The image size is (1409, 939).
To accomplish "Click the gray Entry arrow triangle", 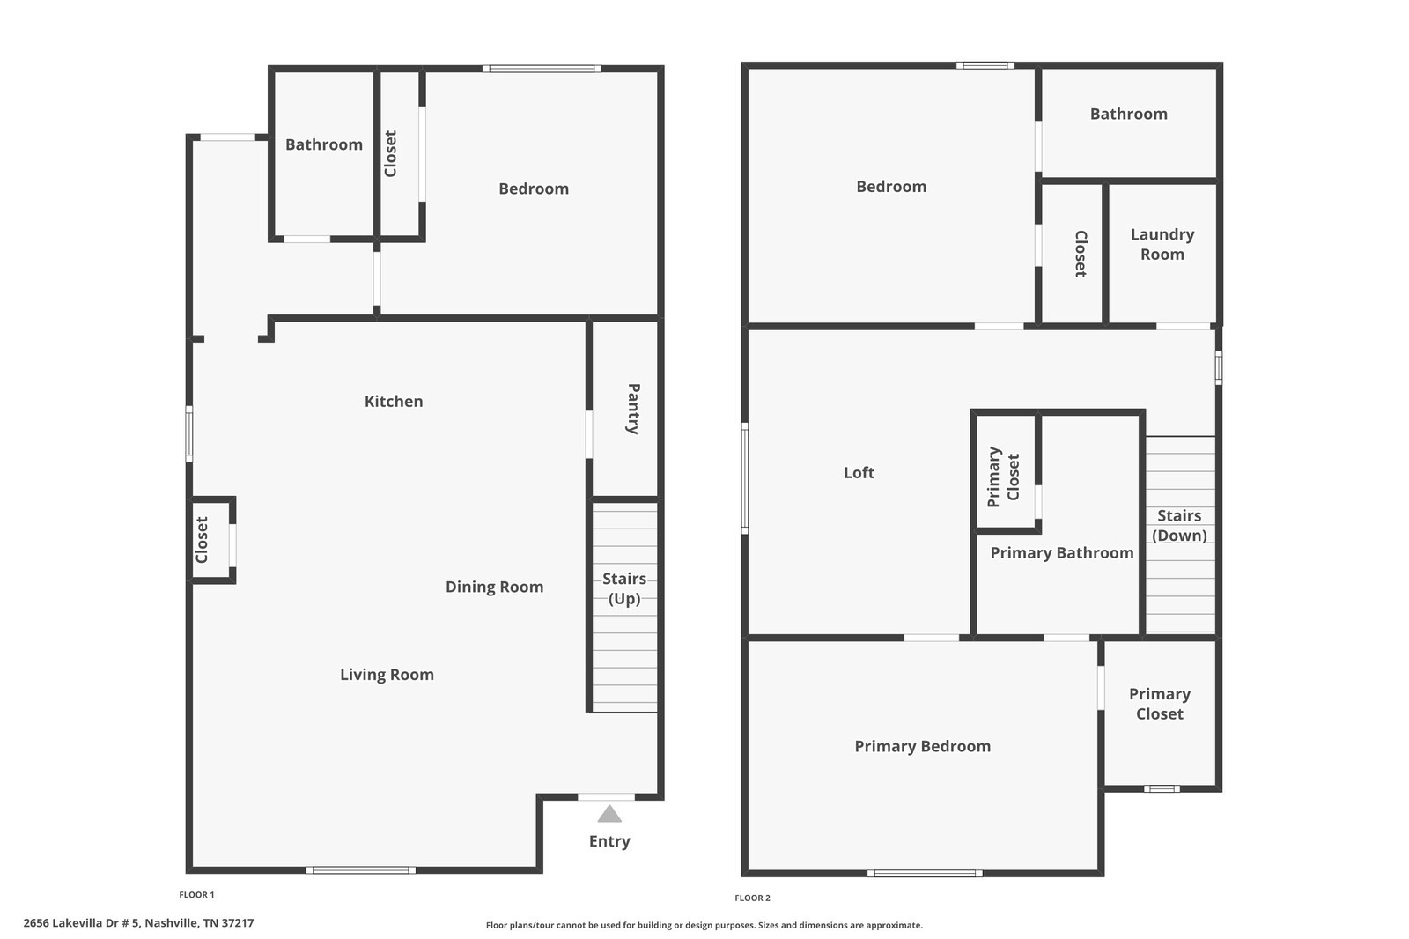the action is pyautogui.click(x=609, y=814).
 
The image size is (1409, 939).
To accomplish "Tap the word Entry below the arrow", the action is pyautogui.click(x=609, y=841).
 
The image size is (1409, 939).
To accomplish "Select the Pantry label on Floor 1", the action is pyautogui.click(x=633, y=409).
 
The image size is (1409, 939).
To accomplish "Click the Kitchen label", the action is pyautogui.click(x=394, y=401).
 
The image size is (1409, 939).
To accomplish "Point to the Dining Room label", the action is pyautogui.click(x=494, y=587).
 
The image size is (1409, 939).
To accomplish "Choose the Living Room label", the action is pyautogui.click(x=387, y=675).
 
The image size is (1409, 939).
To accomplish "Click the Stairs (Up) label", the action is pyautogui.click(x=624, y=588).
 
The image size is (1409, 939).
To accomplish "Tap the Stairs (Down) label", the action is pyautogui.click(x=1179, y=526).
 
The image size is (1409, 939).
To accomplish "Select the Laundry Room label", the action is pyautogui.click(x=1162, y=244).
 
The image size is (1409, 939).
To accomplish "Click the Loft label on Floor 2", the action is pyautogui.click(x=859, y=473).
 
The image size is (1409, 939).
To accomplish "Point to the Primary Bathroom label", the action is pyautogui.click(x=1062, y=552).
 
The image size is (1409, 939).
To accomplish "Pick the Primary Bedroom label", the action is pyautogui.click(x=922, y=746).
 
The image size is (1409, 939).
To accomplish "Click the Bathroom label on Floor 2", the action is pyautogui.click(x=1128, y=114).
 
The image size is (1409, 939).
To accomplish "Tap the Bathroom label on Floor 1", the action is pyautogui.click(x=324, y=144).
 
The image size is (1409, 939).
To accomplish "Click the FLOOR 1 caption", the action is pyautogui.click(x=196, y=894).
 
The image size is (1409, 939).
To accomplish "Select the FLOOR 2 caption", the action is pyautogui.click(x=752, y=898).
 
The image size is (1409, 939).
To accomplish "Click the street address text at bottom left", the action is pyautogui.click(x=138, y=923).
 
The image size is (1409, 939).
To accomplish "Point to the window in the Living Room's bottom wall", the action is pyautogui.click(x=360, y=870).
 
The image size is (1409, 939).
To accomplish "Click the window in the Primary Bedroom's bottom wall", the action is pyautogui.click(x=925, y=874).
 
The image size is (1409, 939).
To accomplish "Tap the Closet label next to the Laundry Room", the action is pyautogui.click(x=1081, y=254).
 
